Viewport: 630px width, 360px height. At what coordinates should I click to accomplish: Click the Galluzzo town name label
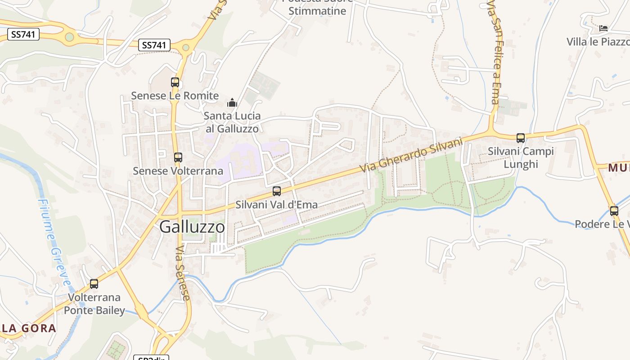pos(192,227)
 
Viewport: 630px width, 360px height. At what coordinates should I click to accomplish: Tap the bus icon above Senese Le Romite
pos(175,82)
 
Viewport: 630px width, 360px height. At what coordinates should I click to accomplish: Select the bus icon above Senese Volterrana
pos(178,157)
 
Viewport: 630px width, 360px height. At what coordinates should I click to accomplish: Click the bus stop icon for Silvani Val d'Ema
pos(277,191)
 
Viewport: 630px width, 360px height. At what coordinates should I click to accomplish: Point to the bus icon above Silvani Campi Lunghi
pos(521,138)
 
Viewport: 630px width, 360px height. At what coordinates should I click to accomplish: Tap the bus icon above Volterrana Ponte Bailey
pos(94,284)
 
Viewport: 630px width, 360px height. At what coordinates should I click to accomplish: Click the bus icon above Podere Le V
pos(614,211)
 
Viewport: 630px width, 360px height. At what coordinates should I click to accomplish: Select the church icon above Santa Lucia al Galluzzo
pos(232,103)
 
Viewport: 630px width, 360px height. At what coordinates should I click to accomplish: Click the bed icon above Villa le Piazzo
pos(603,29)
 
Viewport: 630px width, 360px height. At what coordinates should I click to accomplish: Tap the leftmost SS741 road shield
pos(23,34)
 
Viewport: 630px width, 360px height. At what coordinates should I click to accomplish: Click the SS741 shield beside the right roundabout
pos(154,45)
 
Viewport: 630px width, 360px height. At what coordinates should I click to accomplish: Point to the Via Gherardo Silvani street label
pos(411,155)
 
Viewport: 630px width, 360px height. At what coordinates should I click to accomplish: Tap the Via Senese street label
pos(182,273)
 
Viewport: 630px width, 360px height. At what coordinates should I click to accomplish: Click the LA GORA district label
pos(28,328)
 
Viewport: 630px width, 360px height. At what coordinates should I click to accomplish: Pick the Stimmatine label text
pos(317,11)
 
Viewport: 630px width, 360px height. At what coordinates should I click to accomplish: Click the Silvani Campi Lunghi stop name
pos(521,157)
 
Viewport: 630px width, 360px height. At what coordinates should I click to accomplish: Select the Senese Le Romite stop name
pos(175,96)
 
